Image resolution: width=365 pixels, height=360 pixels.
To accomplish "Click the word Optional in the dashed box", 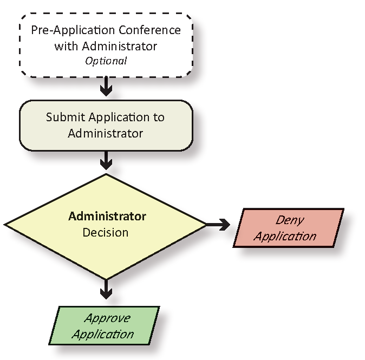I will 106,61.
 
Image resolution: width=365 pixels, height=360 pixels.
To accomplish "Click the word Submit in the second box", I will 63,117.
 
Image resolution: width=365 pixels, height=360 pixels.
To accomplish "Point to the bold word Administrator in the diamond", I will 107,217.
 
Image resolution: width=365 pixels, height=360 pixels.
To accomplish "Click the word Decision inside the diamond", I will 106,233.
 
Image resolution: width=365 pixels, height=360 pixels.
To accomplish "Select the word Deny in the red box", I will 290,220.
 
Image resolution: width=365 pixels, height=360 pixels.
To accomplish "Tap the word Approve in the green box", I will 107,318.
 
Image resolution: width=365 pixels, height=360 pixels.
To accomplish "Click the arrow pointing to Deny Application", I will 218,224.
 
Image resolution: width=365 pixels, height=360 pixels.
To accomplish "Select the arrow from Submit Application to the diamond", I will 106,159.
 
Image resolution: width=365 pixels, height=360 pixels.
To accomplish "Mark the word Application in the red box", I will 285,236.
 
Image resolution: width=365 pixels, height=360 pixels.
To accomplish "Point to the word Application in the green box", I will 102,334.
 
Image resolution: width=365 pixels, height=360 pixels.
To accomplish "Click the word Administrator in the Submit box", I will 106,133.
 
